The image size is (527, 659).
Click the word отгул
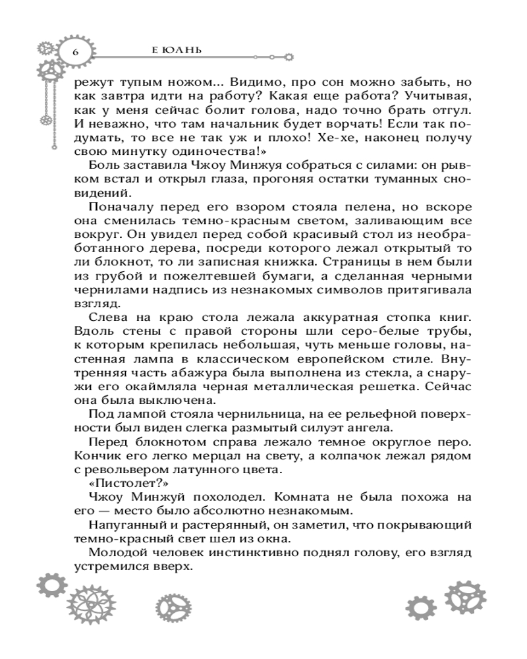(445, 109)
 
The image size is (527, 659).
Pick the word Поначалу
(115, 210)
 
